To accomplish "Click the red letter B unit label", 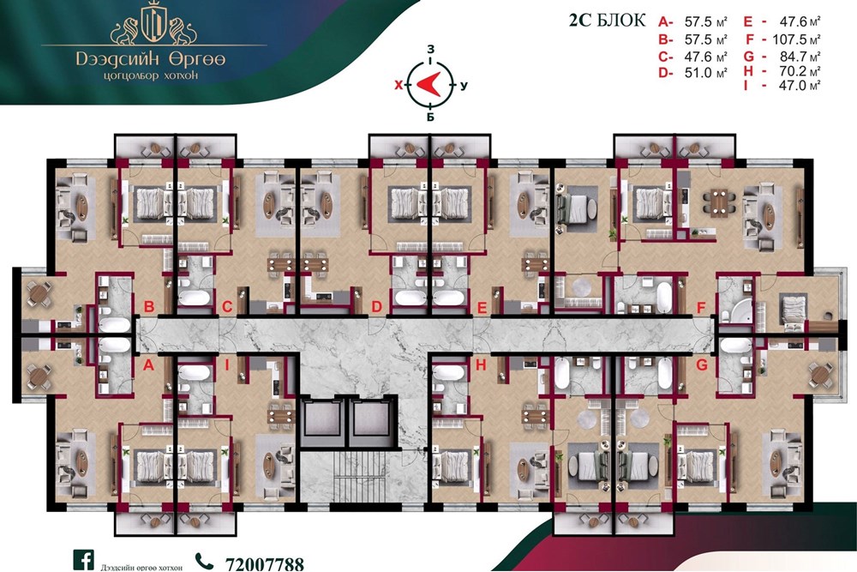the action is pos(148,306).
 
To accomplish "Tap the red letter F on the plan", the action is pos(701,309).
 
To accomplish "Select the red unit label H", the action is pos(481,365).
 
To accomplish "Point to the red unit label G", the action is pos(702,364).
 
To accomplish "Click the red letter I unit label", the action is pos(227,365).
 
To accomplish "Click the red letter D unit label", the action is pos(376,307).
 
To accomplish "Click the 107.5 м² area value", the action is pos(796,39).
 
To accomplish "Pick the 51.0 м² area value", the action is pos(705,73).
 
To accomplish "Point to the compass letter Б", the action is pos(431,117).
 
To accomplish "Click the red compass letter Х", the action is pos(399,85).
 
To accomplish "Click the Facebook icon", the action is pos(84,560).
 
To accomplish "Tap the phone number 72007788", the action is pos(265,564).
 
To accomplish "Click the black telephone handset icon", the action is pos(204,562).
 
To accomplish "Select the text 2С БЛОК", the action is pos(607,21).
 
